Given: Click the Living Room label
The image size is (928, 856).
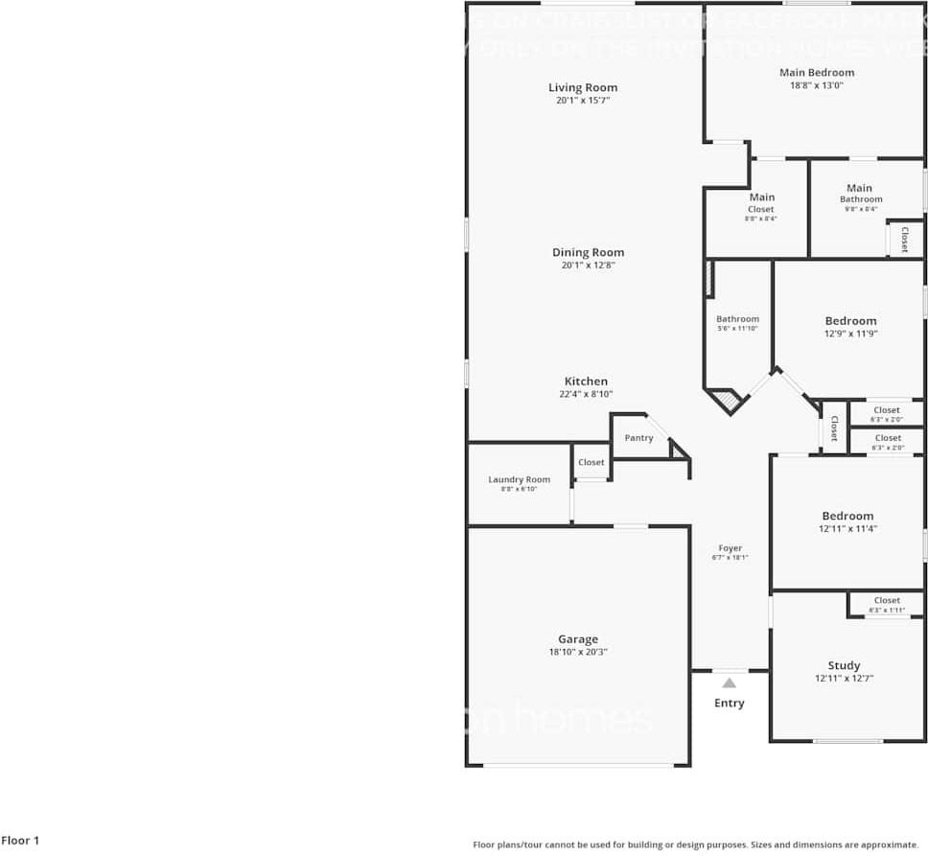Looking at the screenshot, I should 583,88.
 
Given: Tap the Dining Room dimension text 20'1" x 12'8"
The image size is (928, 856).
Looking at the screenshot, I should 588,266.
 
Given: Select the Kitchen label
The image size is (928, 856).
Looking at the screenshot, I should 586,382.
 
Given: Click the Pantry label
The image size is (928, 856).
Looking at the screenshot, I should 638,438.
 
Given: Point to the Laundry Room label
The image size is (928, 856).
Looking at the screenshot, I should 519,479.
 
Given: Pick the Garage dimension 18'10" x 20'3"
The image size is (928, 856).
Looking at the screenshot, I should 578,652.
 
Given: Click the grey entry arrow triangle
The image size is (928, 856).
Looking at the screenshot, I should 730,683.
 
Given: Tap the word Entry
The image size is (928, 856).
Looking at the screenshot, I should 730,704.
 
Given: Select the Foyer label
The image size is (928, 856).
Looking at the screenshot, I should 731,548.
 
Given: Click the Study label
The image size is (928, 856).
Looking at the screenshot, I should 844,665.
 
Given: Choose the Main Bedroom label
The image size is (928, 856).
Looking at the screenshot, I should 817,73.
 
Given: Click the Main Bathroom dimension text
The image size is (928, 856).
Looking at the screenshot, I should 861,209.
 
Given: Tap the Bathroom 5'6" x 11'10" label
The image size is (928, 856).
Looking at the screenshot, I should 737,319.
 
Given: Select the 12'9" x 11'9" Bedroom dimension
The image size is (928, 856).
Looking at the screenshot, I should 850,334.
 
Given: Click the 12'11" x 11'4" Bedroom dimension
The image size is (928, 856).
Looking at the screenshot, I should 847,528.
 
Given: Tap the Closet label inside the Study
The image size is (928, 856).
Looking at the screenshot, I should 887,601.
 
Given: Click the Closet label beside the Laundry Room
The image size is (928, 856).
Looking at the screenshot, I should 592,462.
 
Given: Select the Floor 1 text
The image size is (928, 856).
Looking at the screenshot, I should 20,841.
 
